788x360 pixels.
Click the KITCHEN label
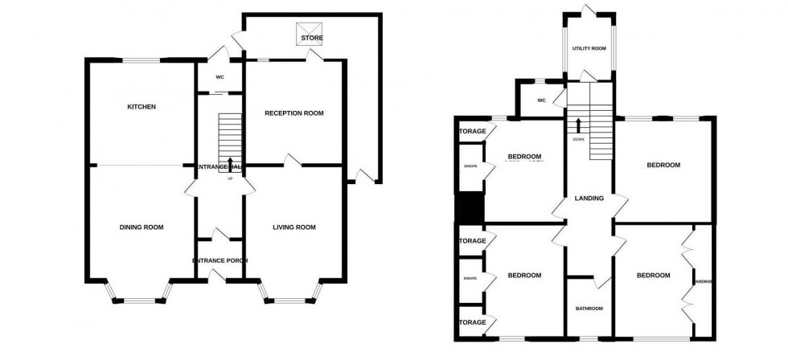tap(140, 107)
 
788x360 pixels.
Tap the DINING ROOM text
tap(142, 227)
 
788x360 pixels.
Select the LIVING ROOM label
tap(294, 227)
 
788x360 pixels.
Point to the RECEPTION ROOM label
tap(294, 113)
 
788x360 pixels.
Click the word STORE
tap(310, 38)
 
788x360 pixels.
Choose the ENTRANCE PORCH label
tap(220, 261)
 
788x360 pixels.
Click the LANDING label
tap(589, 198)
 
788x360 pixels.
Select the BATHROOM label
tap(589, 308)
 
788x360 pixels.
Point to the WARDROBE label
tap(704, 281)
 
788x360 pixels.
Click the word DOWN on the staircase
tap(578, 140)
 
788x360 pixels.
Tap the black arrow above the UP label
tap(231, 165)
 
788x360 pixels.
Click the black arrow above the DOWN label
tap(578, 125)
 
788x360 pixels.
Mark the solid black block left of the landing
tap(468, 208)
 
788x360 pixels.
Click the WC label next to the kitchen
tap(220, 77)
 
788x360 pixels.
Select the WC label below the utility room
tap(540, 101)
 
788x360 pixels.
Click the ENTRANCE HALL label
tap(220, 166)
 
